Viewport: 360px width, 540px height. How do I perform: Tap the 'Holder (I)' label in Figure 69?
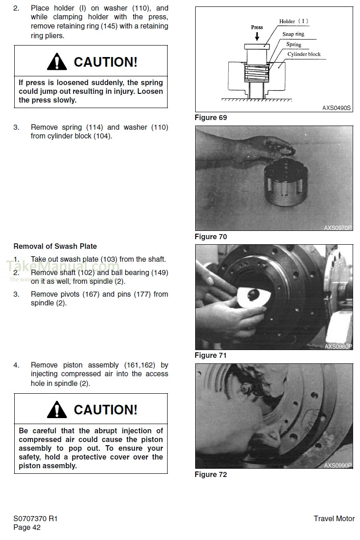[x=294, y=22]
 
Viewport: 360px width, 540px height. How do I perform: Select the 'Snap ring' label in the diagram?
[x=293, y=34]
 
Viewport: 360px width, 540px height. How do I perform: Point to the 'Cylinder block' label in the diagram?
[x=304, y=54]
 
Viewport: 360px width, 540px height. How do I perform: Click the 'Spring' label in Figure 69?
[x=294, y=44]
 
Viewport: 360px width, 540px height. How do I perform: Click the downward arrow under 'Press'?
[x=257, y=36]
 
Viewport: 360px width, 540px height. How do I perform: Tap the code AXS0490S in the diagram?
[x=336, y=108]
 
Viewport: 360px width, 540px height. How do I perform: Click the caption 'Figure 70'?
[x=210, y=237]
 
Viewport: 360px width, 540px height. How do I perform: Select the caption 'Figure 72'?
[x=210, y=475]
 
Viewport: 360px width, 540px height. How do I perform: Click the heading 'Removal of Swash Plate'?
[x=55, y=247]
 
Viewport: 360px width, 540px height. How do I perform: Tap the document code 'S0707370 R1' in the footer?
[x=35, y=518]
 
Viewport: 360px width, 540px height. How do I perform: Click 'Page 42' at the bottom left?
[x=27, y=528]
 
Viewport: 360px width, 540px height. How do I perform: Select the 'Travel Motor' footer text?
[x=334, y=518]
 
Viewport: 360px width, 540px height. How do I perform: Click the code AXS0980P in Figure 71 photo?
[x=338, y=346]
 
